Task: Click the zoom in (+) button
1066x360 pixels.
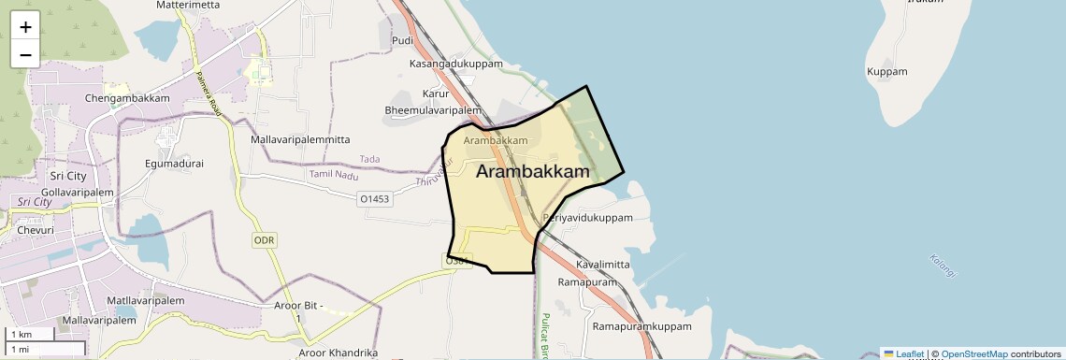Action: click(25, 27)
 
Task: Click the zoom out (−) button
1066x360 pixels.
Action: click(25, 54)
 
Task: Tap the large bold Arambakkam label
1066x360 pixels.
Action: click(533, 172)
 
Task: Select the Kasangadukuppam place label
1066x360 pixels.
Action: click(456, 64)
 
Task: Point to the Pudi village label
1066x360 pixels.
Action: click(403, 40)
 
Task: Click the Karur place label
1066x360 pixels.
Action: click(436, 94)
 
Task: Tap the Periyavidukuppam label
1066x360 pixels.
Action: click(588, 218)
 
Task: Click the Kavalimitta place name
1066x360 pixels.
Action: click(603, 265)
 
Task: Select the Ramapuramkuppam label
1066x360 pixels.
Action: click(641, 327)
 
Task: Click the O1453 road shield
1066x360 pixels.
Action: click(374, 199)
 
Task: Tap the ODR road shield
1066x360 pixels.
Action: click(265, 240)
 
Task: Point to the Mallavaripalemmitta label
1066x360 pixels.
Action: click(300, 139)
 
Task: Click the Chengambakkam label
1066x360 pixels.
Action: click(127, 98)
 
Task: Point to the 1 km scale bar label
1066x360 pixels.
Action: click(22, 335)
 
